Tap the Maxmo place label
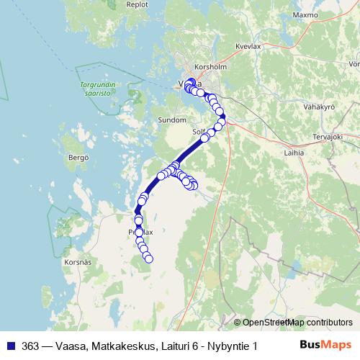coord(305,14)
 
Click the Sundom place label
coord(171,121)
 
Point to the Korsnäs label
coord(78,263)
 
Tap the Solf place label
coord(199,132)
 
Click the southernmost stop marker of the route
coord(149,259)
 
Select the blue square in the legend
coord(10,346)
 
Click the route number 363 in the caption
coord(31,346)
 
